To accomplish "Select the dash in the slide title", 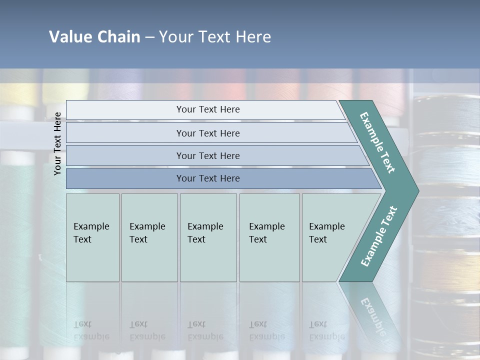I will click(149, 37).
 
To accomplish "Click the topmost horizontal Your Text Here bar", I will click(207, 109).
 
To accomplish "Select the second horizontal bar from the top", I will click(207, 133).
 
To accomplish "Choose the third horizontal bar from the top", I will click(207, 155).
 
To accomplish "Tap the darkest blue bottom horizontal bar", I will click(207, 178).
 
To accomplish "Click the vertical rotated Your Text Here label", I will click(57, 143).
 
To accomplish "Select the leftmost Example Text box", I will click(92, 237).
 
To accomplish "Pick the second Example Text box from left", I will click(149, 237).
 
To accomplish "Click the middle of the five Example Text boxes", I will click(208, 237).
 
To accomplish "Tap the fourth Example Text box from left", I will click(269, 237).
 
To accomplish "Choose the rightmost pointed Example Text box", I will click(332, 237).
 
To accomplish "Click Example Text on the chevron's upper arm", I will click(378, 143).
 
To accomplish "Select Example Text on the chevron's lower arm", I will click(378, 236).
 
